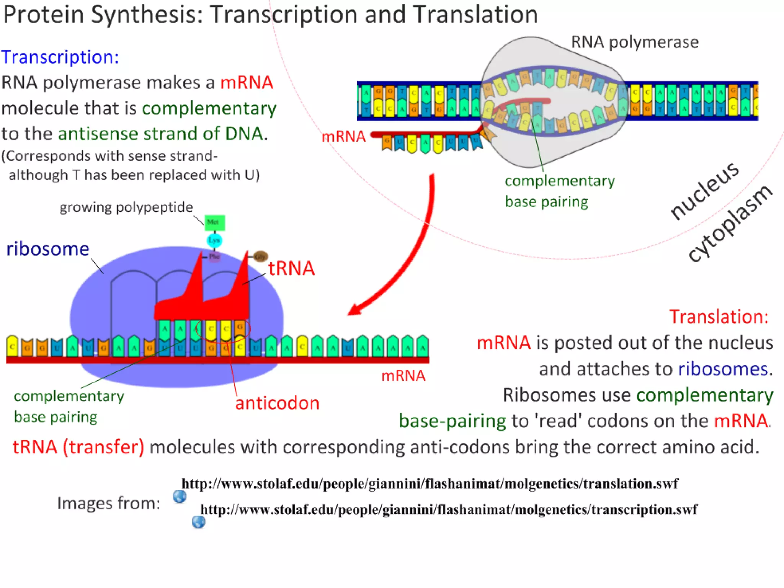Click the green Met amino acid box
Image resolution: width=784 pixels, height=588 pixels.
click(214, 223)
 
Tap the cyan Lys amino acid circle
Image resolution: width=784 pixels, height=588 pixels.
click(214, 240)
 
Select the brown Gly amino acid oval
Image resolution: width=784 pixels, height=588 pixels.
click(260, 256)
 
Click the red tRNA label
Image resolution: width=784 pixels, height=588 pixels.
click(291, 268)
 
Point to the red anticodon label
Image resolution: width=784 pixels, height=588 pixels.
click(277, 403)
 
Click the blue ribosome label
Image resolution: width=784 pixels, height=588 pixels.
click(48, 249)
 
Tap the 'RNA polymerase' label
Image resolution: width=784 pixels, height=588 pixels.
click(635, 42)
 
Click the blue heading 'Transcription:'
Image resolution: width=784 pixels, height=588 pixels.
click(60, 57)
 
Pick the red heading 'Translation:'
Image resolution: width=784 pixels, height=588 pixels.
click(719, 317)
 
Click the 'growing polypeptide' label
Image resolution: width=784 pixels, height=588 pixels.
click(126, 207)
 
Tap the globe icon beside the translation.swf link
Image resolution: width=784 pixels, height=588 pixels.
click(179, 497)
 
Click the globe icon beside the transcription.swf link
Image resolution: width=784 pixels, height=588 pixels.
click(198, 522)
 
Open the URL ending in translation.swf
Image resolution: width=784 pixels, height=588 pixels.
click(430, 484)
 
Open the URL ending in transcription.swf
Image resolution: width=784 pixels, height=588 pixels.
click(449, 510)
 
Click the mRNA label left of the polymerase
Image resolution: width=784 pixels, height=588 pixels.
click(343, 137)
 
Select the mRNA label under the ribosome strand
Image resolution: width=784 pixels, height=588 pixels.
click(403, 376)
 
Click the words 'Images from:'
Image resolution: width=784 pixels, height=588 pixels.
click(109, 503)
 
